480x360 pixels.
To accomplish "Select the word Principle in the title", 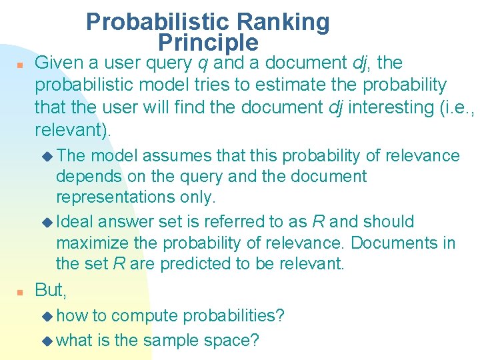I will pos(208,43).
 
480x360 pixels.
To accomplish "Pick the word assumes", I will pos(170,156).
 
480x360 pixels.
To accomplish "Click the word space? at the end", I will pos(234,341).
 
